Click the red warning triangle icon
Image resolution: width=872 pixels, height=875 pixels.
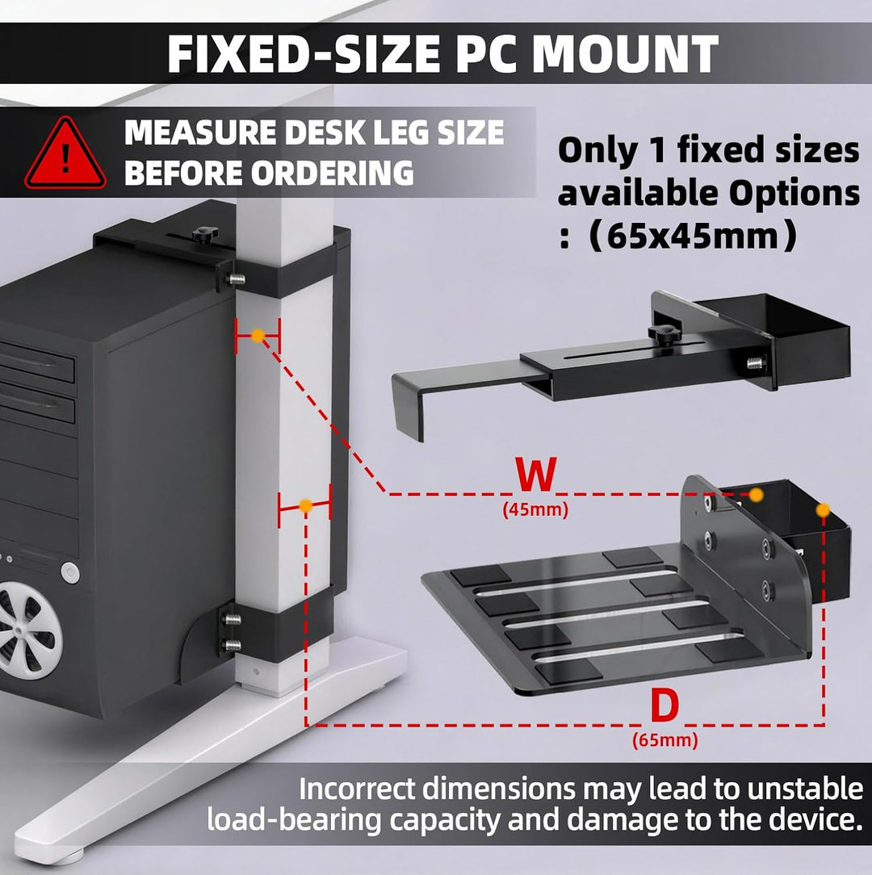pos(65,154)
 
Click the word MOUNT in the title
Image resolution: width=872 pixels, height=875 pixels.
pos(625,54)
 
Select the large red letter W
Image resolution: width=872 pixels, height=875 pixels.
pos(536,474)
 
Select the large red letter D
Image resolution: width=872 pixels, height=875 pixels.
pos(664,705)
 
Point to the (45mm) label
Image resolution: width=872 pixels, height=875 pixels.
pos(535,509)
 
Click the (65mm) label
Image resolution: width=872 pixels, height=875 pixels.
pos(664,740)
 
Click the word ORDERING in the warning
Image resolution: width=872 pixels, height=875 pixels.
pos(332,173)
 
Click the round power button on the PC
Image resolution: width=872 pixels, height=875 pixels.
pos(69,572)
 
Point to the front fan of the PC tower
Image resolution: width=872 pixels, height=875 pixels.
pos(28,630)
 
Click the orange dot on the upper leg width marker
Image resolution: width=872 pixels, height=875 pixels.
pos(258,335)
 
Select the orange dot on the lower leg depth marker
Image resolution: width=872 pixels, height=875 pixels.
pos(305,505)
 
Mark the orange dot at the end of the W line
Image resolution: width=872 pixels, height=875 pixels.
pos(756,495)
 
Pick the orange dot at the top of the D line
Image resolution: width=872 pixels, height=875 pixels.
pos(823,509)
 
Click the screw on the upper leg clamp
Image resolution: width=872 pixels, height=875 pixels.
pos(236,278)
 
